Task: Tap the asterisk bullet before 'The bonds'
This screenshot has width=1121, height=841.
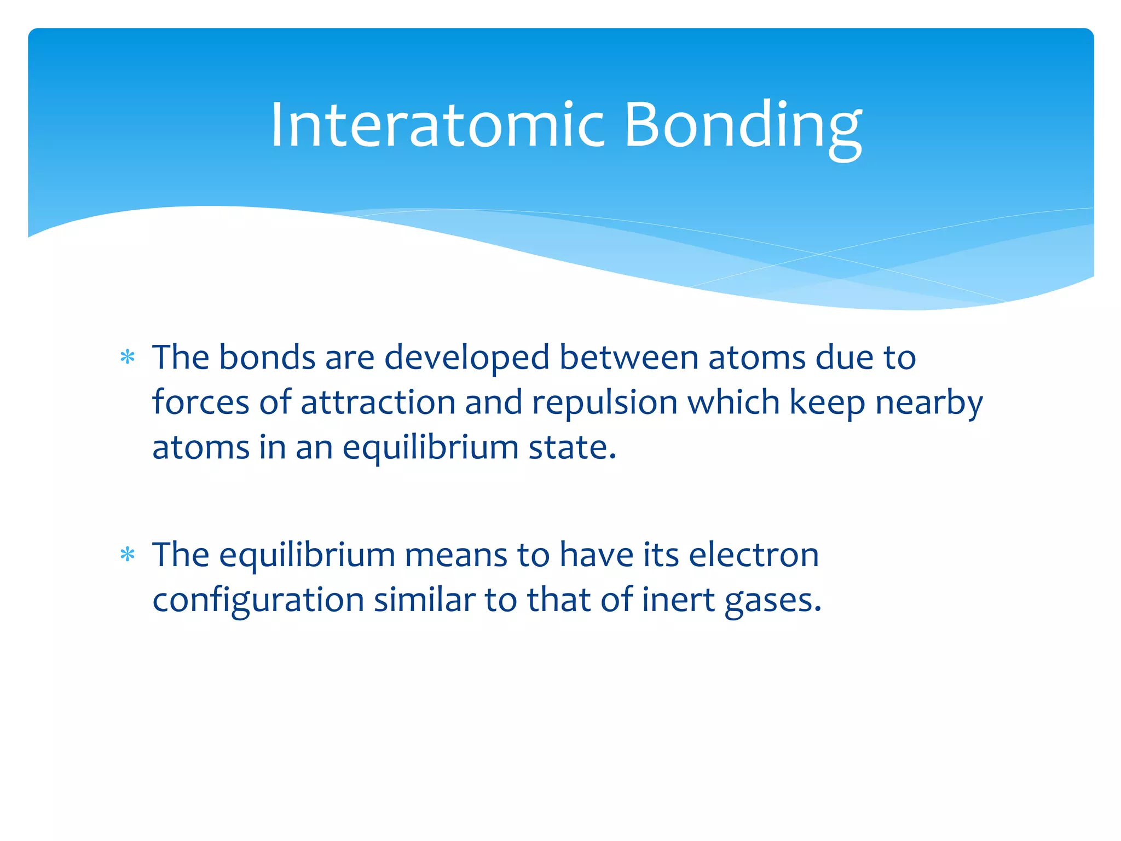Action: point(128,358)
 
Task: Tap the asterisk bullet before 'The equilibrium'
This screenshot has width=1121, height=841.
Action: point(128,555)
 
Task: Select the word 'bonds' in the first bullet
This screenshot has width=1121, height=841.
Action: point(267,358)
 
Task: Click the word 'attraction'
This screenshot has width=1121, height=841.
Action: point(378,402)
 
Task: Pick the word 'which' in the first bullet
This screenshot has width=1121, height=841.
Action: point(733,402)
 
